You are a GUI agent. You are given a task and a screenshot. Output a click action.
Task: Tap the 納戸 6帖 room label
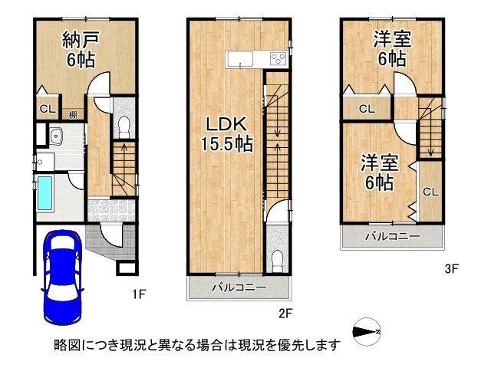[64, 49]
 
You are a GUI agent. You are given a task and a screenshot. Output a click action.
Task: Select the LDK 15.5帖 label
[223, 132]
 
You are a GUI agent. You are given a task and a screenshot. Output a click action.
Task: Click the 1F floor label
[137, 293]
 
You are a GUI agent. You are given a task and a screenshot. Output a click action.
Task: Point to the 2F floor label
[286, 313]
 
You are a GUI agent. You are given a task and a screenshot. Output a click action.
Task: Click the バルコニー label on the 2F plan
[239, 288]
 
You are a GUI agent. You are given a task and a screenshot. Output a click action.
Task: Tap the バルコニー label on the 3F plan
[392, 237]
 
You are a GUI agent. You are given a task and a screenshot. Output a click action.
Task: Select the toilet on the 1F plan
[124, 124]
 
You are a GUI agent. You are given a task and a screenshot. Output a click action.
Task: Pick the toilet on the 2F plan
[277, 258]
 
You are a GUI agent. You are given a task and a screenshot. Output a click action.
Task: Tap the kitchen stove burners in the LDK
[277, 59]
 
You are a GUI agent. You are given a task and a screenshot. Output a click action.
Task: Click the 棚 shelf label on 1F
[71, 115]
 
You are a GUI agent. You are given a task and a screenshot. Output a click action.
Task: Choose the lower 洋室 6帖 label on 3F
[378, 173]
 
